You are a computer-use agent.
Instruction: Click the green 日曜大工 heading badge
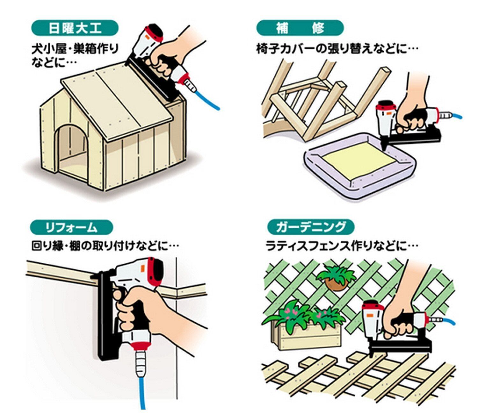pos(75,29)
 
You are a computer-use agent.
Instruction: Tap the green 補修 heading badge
pos(300,28)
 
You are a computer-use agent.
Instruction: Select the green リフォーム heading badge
pos(72,228)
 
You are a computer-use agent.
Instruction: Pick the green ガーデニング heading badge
pos(310,227)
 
